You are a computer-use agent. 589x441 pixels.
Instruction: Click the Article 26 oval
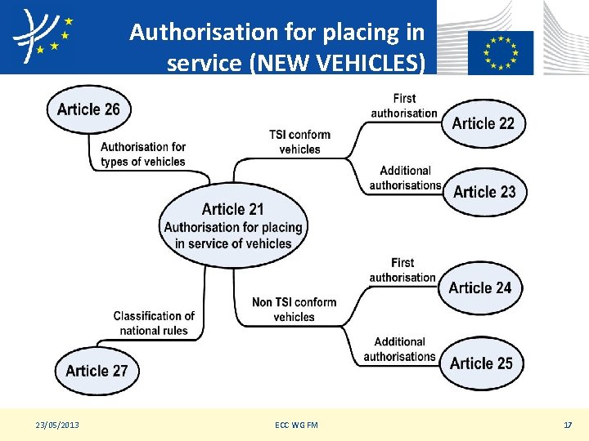pyautogui.click(x=88, y=109)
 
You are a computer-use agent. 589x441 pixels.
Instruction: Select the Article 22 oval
pyautogui.click(x=483, y=123)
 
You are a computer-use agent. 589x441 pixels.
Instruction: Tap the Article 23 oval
pyautogui.click(x=484, y=192)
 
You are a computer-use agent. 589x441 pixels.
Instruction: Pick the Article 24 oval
pyautogui.click(x=480, y=287)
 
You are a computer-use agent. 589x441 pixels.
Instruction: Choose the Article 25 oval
pyautogui.click(x=481, y=363)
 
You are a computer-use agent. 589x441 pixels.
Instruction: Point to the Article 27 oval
pyautogui.click(x=97, y=371)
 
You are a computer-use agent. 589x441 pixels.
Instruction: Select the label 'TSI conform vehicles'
pyautogui.click(x=299, y=142)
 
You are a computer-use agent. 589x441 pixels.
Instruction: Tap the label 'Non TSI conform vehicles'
pyautogui.click(x=294, y=310)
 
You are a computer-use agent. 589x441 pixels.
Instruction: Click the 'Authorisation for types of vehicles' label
pyautogui.click(x=143, y=154)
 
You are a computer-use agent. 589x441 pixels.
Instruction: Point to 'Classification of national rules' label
pyautogui.click(x=154, y=323)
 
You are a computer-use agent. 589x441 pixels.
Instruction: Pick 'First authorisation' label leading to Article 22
pyautogui.click(x=404, y=106)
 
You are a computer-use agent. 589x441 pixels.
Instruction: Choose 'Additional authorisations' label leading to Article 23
pyautogui.click(x=405, y=178)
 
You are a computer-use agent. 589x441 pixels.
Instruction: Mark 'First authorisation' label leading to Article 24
pyautogui.click(x=402, y=270)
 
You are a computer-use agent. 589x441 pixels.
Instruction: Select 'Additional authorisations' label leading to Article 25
pyautogui.click(x=399, y=350)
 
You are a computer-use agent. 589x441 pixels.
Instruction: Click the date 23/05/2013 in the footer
pyautogui.click(x=57, y=425)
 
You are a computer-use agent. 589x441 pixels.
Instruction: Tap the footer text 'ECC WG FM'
pyautogui.click(x=296, y=425)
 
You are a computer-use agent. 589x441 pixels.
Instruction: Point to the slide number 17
pyautogui.click(x=567, y=425)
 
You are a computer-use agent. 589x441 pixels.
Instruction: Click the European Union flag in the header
pyautogui.click(x=500, y=52)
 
